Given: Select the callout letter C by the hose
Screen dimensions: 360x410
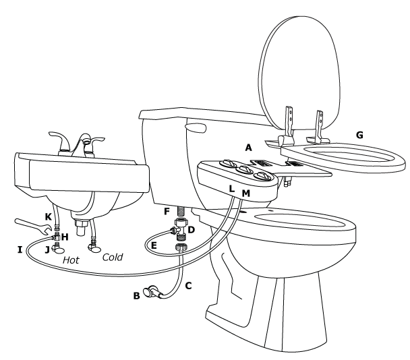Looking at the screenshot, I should pos(188,285).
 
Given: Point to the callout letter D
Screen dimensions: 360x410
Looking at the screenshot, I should pos(191,231).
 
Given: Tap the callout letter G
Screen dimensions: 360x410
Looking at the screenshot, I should pos(359,135).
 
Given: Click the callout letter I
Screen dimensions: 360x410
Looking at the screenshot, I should pos(20,249).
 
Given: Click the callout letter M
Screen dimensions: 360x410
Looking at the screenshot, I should pos(245,194).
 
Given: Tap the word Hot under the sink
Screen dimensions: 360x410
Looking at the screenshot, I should pos(72,258).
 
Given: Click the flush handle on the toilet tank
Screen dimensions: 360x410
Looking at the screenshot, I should pos(195,126).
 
